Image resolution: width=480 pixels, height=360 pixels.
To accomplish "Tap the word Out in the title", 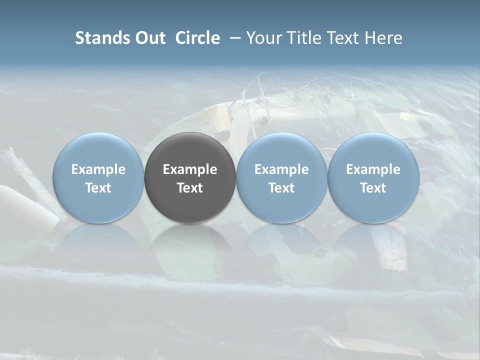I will coord(148,38).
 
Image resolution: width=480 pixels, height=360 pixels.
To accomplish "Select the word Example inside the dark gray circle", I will coord(190,169).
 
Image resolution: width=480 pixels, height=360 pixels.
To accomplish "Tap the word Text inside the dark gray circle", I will coord(190,188).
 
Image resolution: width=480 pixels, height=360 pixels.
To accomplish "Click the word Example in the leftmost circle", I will coord(98,169).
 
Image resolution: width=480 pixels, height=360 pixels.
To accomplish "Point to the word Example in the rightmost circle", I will coord(373,169).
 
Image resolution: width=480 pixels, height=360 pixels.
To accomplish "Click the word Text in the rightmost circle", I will coord(373,188).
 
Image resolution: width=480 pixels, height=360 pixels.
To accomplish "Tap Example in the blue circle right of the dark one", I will coord(281,169).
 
